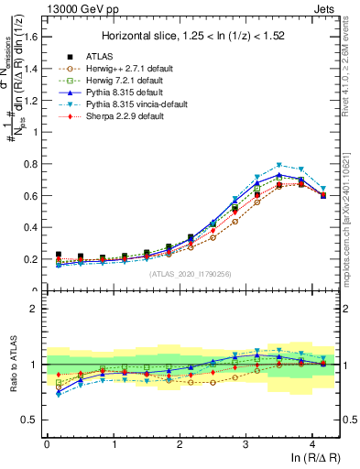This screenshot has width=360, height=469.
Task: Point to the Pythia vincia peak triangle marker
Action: click(279, 165)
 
